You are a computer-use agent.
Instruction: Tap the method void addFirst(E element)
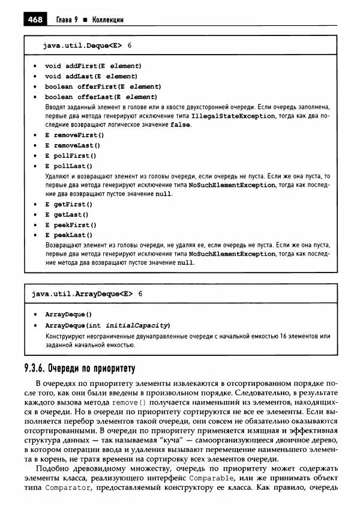point(93,65)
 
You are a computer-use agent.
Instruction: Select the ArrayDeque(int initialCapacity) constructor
point(107,325)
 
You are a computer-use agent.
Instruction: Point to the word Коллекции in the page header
point(107,20)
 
